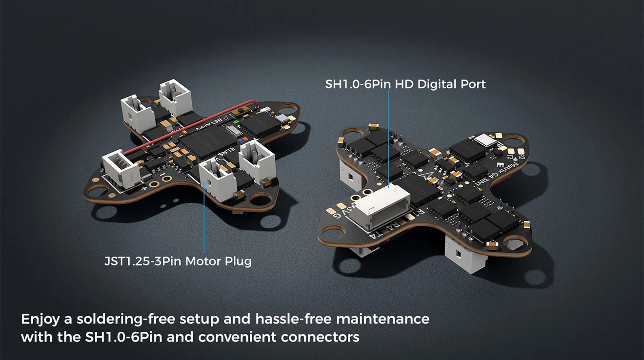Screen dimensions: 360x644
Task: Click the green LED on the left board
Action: [x=236, y=122]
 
